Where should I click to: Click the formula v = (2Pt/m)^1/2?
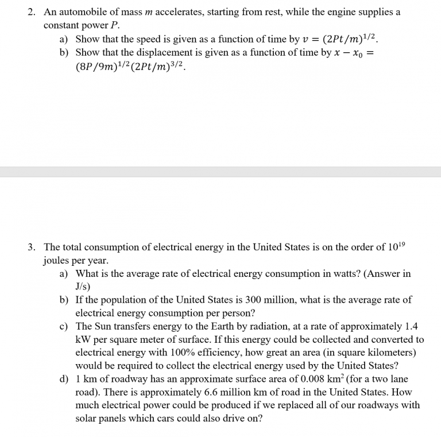[x=341, y=38]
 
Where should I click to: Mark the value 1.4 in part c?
[x=408, y=326]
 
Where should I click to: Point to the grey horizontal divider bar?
[x=220, y=172]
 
